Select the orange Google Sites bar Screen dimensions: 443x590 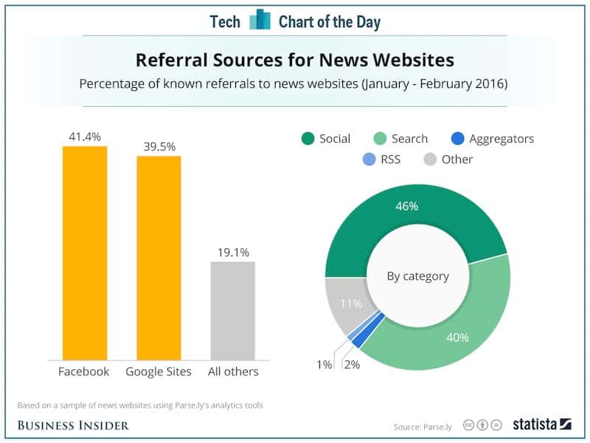tap(159, 257)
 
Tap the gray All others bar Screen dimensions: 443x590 tap(232, 310)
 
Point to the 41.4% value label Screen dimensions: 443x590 tap(85, 137)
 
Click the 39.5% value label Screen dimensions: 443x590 tap(159, 146)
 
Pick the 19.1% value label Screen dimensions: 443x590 tap(232, 252)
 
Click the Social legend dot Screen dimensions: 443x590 tap(307, 139)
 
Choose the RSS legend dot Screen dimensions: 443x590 tap(369, 159)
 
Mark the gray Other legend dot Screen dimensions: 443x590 tap(429, 159)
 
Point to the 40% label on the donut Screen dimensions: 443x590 tap(457, 337)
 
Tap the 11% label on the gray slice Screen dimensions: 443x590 tap(349, 303)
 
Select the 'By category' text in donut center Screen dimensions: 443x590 tap(417, 276)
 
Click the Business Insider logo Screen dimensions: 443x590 tap(73, 425)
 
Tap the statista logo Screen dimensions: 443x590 tap(542, 425)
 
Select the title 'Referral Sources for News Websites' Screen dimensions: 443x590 tap(294, 58)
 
